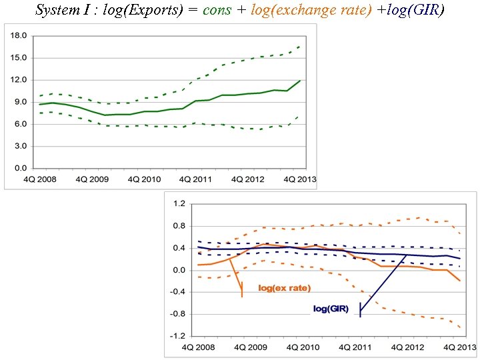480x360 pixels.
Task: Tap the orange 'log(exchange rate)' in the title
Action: (x=311, y=11)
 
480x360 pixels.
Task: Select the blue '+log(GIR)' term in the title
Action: (x=410, y=11)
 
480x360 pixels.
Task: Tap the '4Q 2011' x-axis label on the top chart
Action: (x=193, y=179)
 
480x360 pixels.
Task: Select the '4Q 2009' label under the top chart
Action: (x=91, y=179)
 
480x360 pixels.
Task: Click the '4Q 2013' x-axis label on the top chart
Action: (x=299, y=179)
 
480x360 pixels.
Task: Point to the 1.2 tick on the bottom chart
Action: (x=178, y=203)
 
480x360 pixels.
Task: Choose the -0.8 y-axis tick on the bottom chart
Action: (x=177, y=314)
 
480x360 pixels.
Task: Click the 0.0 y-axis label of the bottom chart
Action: (x=178, y=270)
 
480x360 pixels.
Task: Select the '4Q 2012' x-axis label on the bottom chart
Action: (x=405, y=348)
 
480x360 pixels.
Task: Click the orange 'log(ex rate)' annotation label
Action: (x=285, y=288)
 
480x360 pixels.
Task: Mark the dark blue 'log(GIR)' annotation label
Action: (x=331, y=309)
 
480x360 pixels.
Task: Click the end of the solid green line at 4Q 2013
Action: (x=299, y=81)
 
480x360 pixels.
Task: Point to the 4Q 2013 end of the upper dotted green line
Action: (x=299, y=46)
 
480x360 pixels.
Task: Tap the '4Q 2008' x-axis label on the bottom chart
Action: (x=197, y=348)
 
